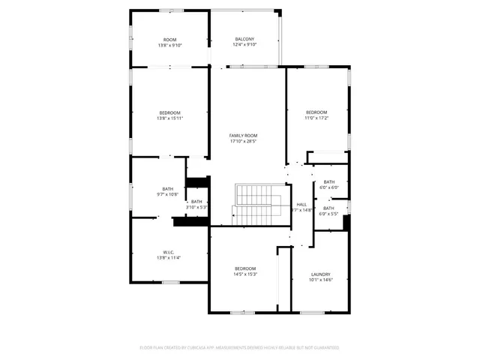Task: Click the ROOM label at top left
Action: click(x=169, y=39)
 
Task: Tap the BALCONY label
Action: click(x=244, y=39)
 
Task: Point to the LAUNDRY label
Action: click(x=320, y=274)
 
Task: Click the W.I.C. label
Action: click(x=169, y=252)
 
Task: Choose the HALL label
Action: click(x=301, y=204)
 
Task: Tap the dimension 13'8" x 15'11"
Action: click(x=169, y=118)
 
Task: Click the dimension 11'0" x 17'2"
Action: click(x=316, y=118)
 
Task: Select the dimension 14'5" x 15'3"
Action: click(x=245, y=274)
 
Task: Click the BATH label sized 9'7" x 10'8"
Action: click(x=168, y=189)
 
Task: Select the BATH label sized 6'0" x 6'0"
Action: click(x=329, y=181)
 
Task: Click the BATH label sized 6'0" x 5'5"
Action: click(x=329, y=208)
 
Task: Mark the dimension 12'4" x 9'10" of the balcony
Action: click(x=244, y=45)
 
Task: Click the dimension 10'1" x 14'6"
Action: click(x=320, y=280)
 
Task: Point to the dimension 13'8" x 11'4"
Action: click(x=169, y=258)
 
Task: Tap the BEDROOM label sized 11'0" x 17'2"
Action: click(x=316, y=112)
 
